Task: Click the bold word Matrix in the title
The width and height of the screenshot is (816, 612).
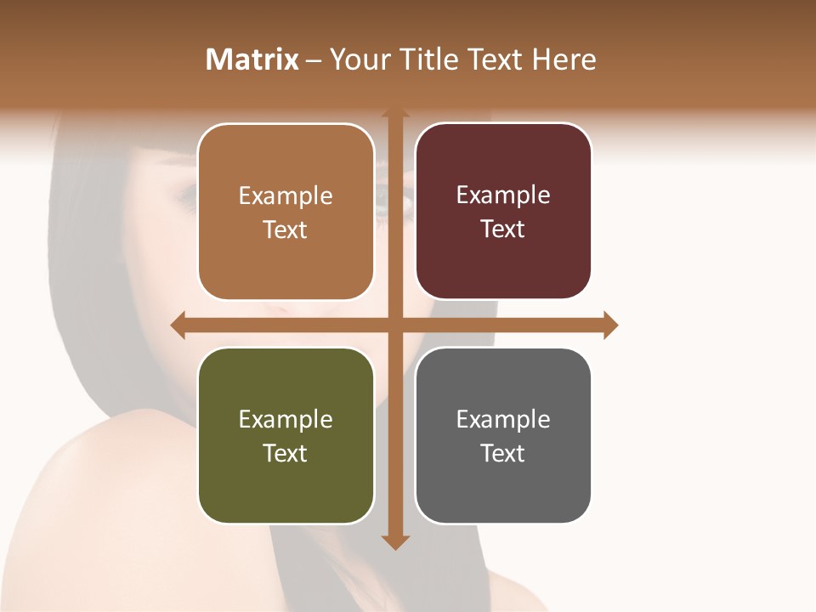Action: click(252, 59)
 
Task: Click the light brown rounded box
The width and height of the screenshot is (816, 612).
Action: click(286, 212)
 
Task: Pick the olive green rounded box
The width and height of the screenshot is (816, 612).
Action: click(286, 435)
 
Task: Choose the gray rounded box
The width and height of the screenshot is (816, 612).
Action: click(503, 435)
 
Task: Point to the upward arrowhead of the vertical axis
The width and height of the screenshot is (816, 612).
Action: click(395, 114)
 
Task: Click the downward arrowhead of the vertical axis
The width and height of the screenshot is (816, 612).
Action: click(395, 541)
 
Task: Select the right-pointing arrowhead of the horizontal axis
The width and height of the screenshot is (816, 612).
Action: click(610, 325)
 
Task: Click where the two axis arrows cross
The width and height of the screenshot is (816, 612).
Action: click(395, 325)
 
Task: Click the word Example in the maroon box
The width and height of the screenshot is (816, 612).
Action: click(503, 195)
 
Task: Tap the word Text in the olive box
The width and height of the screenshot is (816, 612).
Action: click(285, 453)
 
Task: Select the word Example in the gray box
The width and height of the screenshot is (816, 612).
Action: click(503, 419)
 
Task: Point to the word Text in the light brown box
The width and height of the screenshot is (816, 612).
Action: click(285, 229)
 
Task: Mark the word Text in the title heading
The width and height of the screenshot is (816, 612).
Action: click(495, 59)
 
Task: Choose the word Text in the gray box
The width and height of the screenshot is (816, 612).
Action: click(503, 453)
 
